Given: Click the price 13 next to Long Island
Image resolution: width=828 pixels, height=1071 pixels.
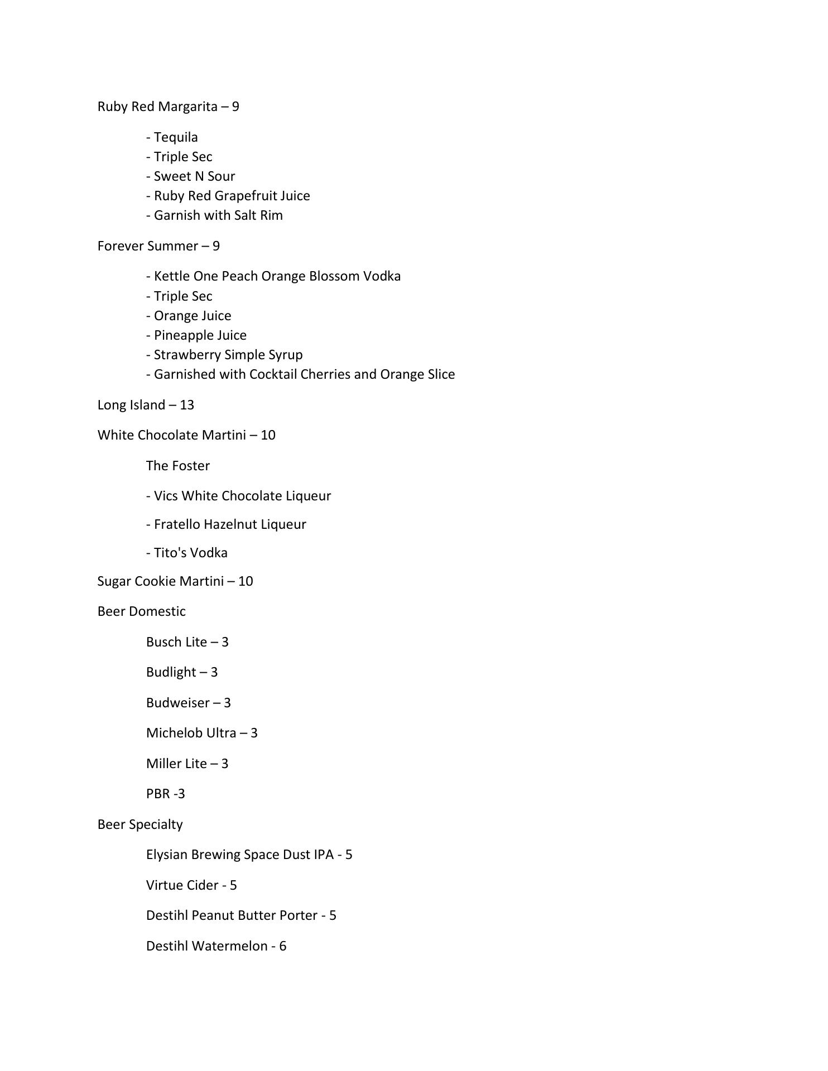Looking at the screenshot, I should [187, 405].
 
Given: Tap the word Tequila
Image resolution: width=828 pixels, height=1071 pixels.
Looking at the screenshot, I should [176, 137].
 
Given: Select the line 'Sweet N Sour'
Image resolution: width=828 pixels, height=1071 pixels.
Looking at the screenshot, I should [191, 176].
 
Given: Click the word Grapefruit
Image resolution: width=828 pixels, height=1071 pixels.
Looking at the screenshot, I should [245, 196].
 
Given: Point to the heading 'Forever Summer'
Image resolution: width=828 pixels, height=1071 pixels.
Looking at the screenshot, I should [148, 246].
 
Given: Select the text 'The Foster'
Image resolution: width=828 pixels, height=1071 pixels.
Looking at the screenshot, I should [178, 466].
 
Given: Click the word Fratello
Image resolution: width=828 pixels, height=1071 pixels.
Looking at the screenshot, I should [177, 524].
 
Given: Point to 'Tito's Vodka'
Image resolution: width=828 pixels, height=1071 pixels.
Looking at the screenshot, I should [187, 553].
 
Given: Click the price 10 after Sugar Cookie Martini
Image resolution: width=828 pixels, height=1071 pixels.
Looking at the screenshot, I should [245, 581].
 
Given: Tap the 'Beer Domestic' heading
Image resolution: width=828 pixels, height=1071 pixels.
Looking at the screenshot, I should [141, 611].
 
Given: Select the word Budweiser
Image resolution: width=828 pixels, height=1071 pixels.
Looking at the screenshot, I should [177, 703].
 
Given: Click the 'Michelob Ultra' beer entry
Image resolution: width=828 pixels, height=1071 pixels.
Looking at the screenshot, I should [191, 733].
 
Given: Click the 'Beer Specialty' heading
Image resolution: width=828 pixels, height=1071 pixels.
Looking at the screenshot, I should [140, 824].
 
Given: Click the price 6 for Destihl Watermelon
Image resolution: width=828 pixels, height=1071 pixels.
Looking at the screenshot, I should [283, 946].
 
